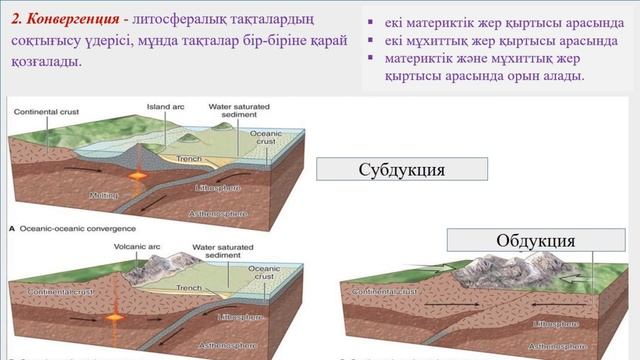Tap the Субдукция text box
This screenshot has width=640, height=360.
click(401, 169)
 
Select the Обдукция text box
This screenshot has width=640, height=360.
click(535, 241)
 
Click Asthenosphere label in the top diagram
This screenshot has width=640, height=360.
click(217, 213)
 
